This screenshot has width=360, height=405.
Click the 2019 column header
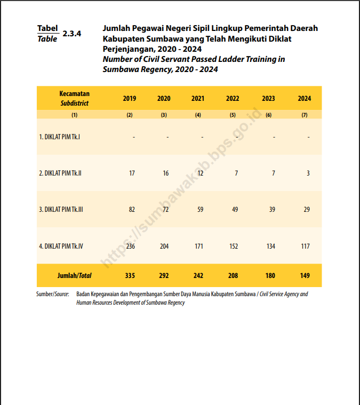(x=130, y=98)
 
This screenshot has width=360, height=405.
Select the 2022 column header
(x=233, y=98)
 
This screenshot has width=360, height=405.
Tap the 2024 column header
(x=305, y=98)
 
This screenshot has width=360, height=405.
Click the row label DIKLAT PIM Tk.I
(x=59, y=137)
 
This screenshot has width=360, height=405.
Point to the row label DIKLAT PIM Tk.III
(x=61, y=210)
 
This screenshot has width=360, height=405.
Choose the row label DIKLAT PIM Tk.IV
(x=61, y=246)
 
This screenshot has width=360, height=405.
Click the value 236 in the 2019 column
(x=130, y=246)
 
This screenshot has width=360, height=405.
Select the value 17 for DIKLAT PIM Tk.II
(x=132, y=173)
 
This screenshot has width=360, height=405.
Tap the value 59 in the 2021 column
(x=200, y=210)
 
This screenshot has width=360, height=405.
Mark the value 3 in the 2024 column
(x=308, y=173)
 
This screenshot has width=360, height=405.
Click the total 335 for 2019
(x=130, y=275)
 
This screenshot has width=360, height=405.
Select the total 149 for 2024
(x=305, y=275)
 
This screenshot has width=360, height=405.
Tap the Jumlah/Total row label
(x=74, y=275)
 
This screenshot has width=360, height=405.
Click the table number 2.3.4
(x=71, y=33)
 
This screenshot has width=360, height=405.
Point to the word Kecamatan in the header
(x=74, y=93)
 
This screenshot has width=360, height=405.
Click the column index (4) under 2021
(x=198, y=115)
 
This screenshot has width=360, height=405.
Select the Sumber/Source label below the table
(x=53, y=294)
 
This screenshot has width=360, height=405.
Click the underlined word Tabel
(x=47, y=28)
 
